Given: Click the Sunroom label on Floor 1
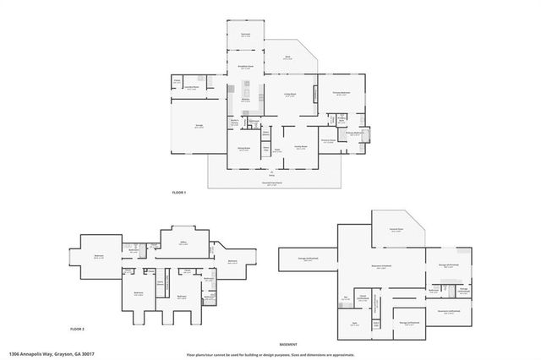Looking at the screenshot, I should coord(244,35).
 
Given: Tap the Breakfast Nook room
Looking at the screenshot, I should coord(244,68).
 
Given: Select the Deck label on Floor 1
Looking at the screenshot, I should coord(287,58).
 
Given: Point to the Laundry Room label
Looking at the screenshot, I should coord(191,86).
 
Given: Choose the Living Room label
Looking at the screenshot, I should coord(290,95).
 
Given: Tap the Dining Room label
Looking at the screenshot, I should coord(243,150).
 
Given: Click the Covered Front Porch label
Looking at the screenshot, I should coord(271,183).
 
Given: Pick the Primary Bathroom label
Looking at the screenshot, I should coord(353,134).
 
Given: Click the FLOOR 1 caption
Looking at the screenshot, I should coord(178,194).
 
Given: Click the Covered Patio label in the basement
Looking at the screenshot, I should coord(395,229).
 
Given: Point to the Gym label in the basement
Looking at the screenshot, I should coord(355,322).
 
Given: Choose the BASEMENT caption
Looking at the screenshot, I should coord(290,344).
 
